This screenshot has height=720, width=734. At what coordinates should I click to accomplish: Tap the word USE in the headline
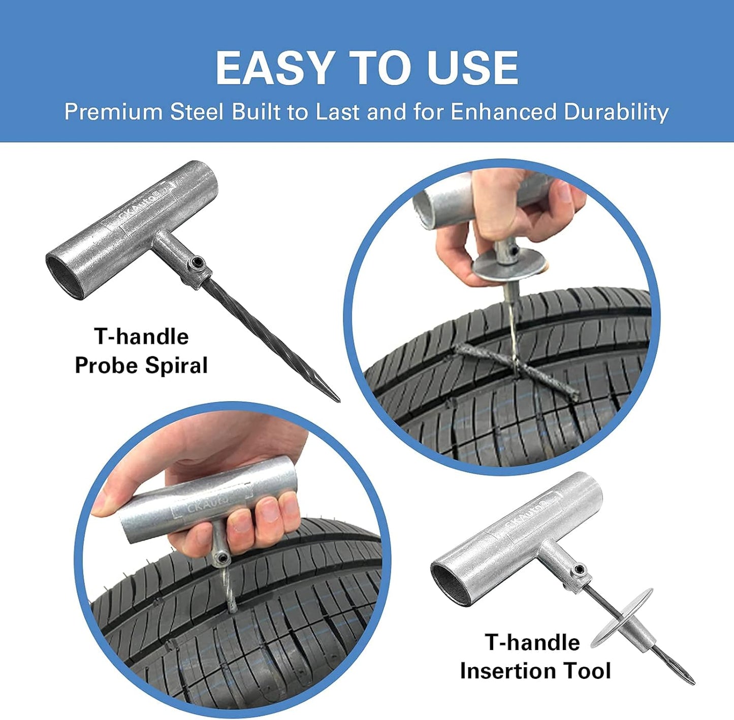pyautogui.click(x=472, y=68)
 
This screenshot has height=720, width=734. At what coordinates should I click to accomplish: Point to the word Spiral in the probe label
pyautogui.click(x=176, y=366)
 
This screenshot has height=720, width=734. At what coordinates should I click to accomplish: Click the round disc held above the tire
pyautogui.click(x=508, y=267)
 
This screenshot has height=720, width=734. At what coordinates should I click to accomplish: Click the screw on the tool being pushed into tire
pyautogui.click(x=221, y=559)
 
